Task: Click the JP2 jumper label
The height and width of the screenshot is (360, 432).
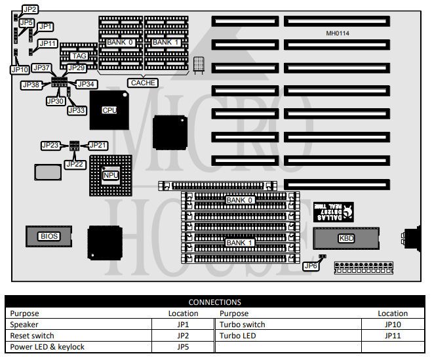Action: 29,10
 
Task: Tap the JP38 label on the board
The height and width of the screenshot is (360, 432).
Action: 31,85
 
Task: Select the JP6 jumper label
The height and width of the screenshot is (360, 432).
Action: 311,266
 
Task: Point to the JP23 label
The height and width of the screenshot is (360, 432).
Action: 50,145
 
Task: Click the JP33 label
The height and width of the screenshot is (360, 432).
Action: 77,110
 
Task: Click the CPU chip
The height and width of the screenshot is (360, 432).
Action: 109,110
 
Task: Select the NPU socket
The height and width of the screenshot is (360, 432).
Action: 110,176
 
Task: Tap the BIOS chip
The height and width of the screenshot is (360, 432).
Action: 49,236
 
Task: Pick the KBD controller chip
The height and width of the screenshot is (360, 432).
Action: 345,239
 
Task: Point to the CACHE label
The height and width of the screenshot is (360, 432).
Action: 143,83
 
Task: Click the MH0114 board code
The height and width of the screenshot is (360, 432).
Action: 338,33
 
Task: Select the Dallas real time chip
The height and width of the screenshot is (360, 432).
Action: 331,212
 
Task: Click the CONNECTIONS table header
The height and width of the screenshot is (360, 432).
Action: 215,302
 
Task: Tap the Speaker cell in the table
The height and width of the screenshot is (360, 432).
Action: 25,325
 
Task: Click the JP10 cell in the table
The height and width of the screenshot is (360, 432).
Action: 393,325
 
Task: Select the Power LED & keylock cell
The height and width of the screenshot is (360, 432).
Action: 47,347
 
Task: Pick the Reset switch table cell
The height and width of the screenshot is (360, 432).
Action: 32,336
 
